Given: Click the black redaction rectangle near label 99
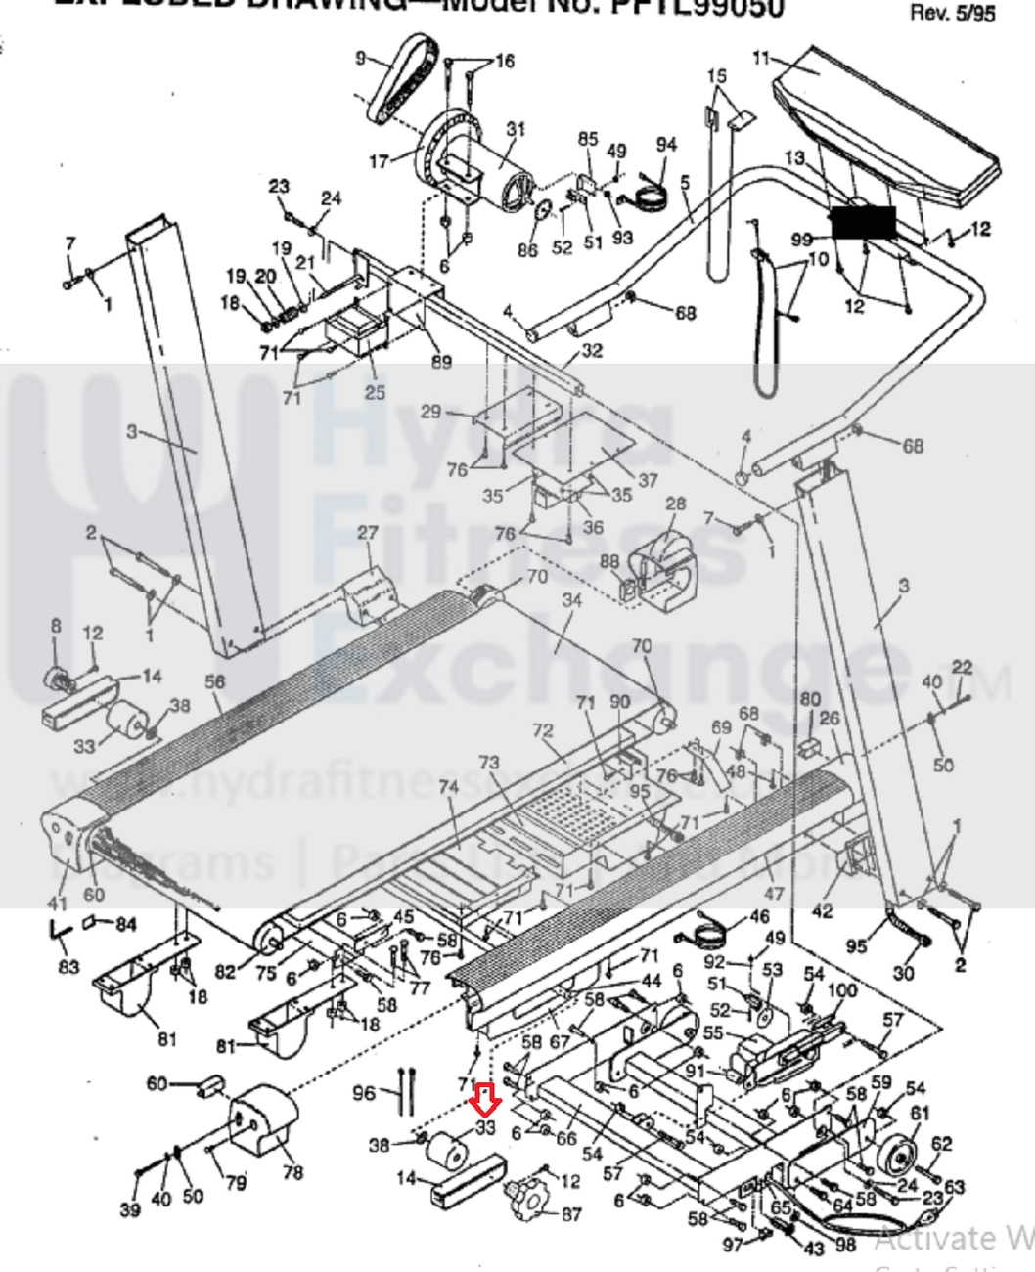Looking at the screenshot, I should [x=863, y=224].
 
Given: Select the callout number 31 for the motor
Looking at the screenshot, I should [x=516, y=130].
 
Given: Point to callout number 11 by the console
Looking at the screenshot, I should [x=762, y=58].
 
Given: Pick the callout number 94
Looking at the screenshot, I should [x=666, y=145].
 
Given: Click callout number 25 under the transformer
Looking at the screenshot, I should [x=375, y=393].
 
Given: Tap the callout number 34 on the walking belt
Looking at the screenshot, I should [x=571, y=600].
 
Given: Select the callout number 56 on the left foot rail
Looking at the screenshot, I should [x=215, y=682].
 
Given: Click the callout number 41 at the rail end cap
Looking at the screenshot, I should [x=58, y=903].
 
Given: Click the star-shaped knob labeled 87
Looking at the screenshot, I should [x=529, y=1198].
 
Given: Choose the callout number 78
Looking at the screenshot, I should [x=292, y=1171].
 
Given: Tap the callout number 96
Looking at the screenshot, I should [x=364, y=1092].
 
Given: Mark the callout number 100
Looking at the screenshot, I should [x=842, y=991].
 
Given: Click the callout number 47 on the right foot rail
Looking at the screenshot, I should [x=774, y=894].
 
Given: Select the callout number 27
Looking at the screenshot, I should [x=367, y=534].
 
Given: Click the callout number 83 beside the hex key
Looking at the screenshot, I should [x=67, y=967].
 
